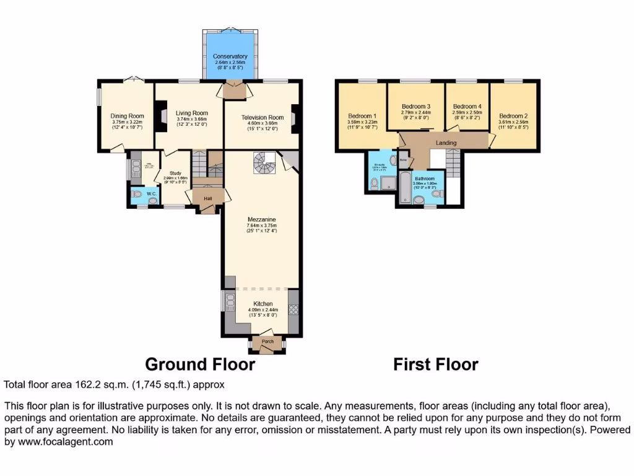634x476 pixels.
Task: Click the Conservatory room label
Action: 230,56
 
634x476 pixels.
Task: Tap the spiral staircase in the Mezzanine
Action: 263,164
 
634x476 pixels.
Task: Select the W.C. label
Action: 151,194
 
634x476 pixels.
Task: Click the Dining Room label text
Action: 128,116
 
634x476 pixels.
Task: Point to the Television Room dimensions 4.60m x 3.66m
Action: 262,123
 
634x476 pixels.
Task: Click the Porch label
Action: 267,342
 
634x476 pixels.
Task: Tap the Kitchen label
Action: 261,304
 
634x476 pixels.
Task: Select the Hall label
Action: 209,198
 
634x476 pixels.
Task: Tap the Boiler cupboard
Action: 403,159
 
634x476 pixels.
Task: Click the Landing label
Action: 446,143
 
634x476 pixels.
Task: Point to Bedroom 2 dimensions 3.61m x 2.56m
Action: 513,122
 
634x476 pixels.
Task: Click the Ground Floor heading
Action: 199,364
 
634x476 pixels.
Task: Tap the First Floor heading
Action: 435,364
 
